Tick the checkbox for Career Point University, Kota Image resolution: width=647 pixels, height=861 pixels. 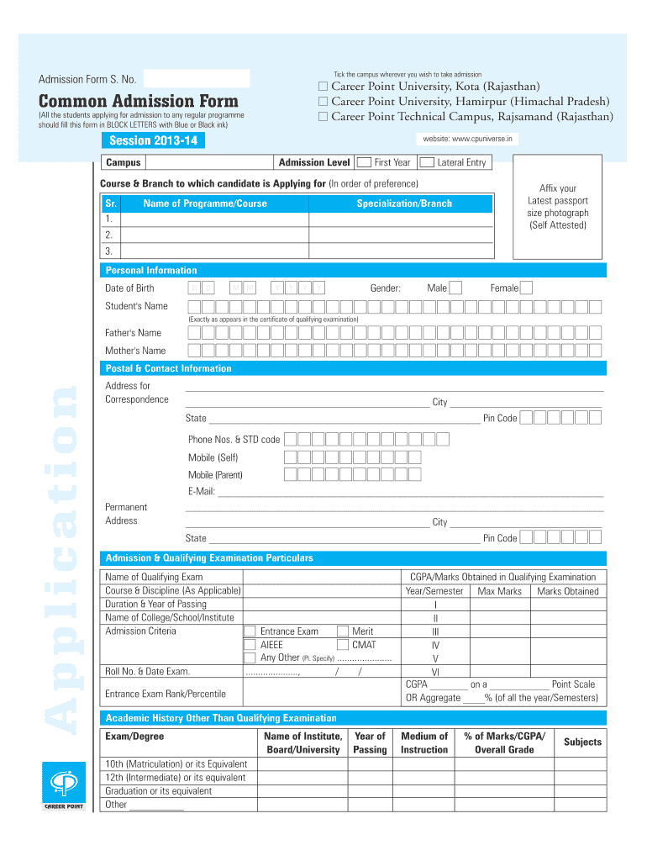coord(323,87)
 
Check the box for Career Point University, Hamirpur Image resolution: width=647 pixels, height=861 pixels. coord(323,102)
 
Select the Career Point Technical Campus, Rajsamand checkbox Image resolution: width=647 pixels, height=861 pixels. coord(323,117)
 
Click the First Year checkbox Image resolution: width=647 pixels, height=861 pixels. coord(364,162)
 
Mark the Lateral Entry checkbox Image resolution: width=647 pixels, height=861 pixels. coord(426,162)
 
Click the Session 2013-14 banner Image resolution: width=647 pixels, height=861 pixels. coord(152,140)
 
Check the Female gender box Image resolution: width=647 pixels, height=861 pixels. coord(526,288)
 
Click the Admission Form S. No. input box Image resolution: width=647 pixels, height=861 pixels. coord(197,79)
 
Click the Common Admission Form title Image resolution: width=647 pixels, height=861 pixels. coord(139,102)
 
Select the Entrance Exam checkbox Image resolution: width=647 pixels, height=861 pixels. coord(250,631)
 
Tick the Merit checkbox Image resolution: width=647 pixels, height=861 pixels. coord(342,631)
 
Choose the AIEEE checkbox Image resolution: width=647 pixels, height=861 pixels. coord(250,645)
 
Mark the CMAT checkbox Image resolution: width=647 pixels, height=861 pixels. coord(342,645)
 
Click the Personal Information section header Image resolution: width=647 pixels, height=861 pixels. coord(151,270)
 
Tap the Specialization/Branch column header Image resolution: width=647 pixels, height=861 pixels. coord(404,203)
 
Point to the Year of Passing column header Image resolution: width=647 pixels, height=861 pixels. coord(370,742)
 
